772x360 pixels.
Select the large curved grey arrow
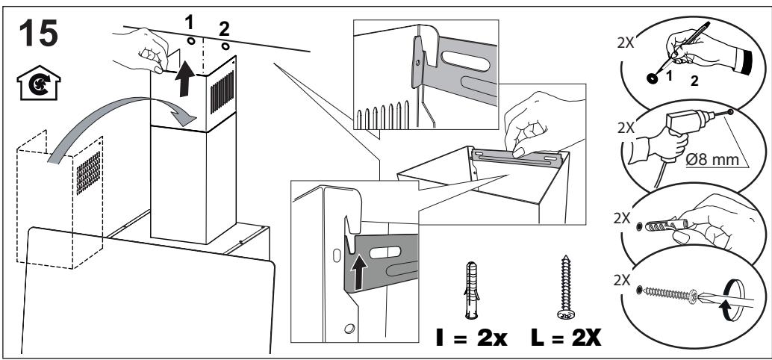click(x=112, y=131)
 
